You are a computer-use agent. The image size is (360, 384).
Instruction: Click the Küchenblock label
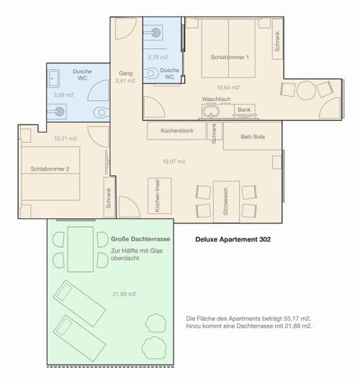click(x=177, y=130)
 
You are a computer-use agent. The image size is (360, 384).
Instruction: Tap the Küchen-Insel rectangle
click(x=160, y=196)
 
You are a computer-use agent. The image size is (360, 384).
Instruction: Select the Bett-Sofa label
click(x=253, y=137)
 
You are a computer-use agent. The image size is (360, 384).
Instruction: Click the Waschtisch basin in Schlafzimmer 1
click(x=210, y=111)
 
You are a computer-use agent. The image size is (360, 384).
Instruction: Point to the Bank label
click(x=244, y=110)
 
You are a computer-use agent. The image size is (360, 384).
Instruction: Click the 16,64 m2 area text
click(x=228, y=87)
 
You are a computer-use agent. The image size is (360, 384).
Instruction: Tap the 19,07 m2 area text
click(x=174, y=161)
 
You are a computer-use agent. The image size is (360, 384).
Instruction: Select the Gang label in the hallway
click(x=126, y=73)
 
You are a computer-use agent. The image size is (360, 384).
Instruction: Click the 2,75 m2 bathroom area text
click(x=158, y=58)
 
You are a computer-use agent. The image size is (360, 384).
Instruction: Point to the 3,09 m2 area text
click(x=63, y=95)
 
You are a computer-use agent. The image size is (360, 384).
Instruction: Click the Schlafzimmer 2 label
click(x=50, y=169)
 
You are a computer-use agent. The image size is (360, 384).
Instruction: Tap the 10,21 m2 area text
click(x=66, y=138)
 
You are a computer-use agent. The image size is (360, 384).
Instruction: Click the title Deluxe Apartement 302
click(x=233, y=239)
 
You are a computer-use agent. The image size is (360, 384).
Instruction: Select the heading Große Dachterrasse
click(x=140, y=239)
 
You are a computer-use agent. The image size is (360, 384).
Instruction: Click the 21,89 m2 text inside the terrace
click(x=124, y=294)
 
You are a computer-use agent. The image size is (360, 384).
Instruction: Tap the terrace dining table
click(x=80, y=249)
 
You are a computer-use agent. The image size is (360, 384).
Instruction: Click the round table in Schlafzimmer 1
click(x=306, y=90)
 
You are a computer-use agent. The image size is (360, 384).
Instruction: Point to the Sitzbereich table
click(x=226, y=202)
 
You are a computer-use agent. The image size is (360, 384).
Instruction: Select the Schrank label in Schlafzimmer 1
click(x=277, y=41)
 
